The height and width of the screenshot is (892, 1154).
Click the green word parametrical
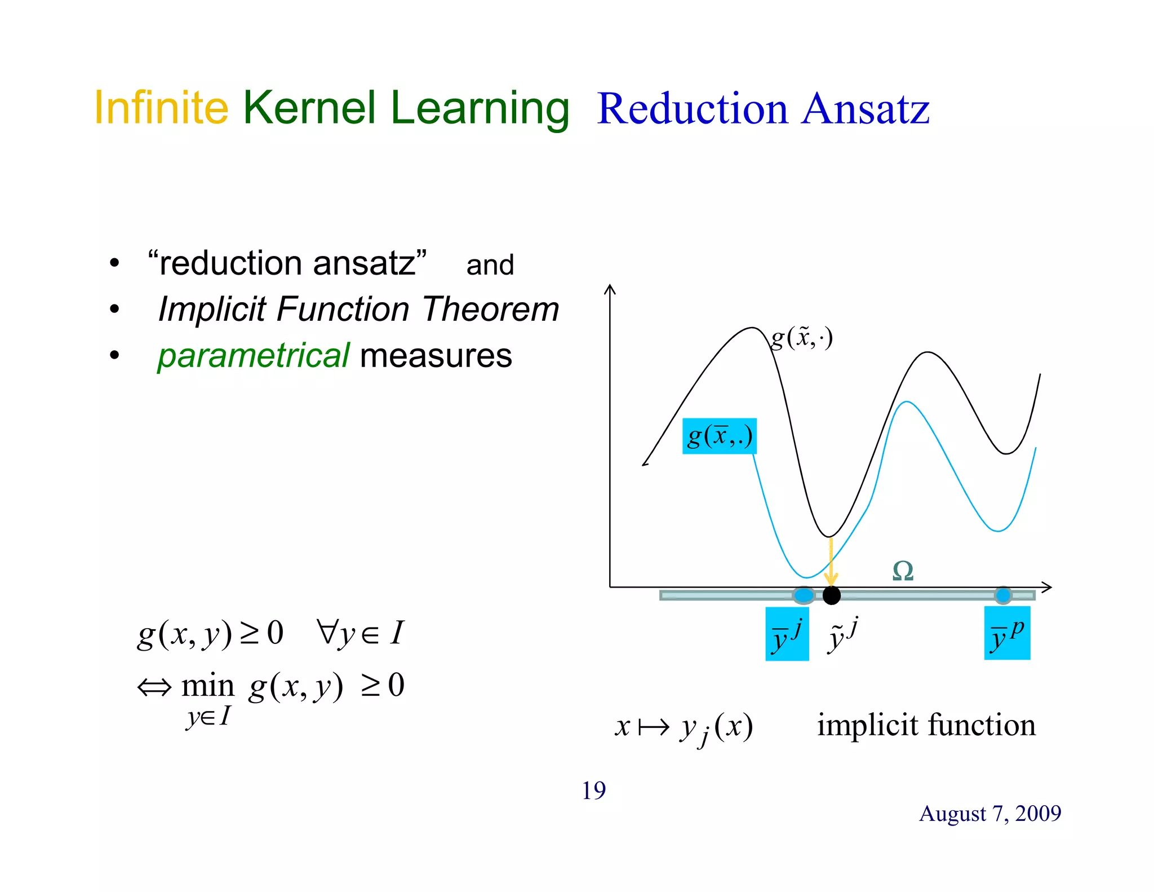point(254,356)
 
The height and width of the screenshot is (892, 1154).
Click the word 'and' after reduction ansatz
point(490,265)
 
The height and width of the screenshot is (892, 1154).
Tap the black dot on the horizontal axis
point(831,595)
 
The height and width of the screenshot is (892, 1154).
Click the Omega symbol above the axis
point(903,571)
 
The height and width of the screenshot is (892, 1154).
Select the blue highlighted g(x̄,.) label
point(719,436)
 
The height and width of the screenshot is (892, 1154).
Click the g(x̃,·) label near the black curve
point(801,338)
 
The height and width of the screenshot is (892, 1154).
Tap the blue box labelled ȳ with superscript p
point(1007,633)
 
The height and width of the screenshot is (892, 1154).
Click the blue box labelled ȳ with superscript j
point(787,634)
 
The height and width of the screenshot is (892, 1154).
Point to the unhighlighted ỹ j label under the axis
point(843,634)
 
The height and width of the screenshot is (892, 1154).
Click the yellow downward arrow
point(831,564)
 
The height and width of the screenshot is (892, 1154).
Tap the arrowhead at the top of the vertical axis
point(610,289)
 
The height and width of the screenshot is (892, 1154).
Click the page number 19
point(593,791)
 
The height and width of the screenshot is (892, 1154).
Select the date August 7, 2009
point(989,813)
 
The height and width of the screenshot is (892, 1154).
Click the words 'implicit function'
point(926,725)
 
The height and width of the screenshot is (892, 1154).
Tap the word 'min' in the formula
point(207,686)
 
